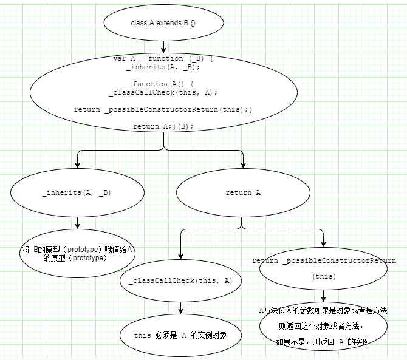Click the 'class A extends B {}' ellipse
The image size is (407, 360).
point(164,23)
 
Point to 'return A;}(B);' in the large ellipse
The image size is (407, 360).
point(163,126)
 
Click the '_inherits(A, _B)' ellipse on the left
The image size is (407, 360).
point(77,192)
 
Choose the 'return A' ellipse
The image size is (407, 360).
point(242,192)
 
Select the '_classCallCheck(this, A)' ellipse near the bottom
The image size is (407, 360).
point(180,281)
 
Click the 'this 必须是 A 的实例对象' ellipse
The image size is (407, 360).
point(180,335)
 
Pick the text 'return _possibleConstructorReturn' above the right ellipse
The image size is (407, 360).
point(324,260)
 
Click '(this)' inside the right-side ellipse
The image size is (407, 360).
point(324,276)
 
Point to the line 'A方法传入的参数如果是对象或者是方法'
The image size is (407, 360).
point(323,310)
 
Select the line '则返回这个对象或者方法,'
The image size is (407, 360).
point(323,326)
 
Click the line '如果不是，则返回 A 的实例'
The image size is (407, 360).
point(323,342)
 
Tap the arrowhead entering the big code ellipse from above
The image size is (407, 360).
point(164,51)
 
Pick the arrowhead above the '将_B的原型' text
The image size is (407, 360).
point(77,226)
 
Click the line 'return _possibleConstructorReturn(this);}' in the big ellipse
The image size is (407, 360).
point(163,109)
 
